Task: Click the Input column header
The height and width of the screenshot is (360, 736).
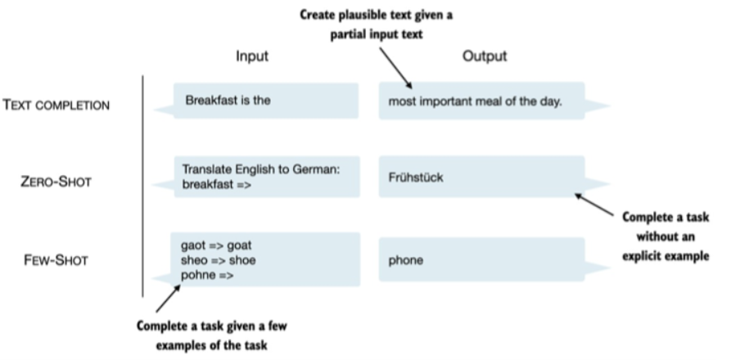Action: click(252, 56)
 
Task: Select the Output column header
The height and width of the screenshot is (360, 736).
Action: click(484, 56)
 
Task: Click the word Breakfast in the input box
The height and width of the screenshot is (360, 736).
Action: click(210, 100)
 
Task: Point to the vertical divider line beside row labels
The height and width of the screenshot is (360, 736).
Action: click(144, 185)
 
